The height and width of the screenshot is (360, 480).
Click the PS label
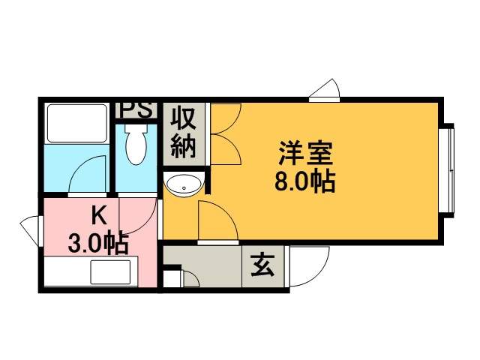pyautogui.click(x=136, y=110)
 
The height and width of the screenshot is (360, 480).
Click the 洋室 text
pyautogui.click(x=305, y=153)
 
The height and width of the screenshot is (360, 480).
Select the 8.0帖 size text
pyautogui.click(x=305, y=181)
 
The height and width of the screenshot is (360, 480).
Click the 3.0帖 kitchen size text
pyautogui.click(x=98, y=243)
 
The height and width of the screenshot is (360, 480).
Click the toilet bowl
pyautogui.click(x=136, y=144)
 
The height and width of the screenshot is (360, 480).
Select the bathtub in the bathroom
pyautogui.click(x=77, y=123)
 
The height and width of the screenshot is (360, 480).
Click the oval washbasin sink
pyautogui.click(x=183, y=184)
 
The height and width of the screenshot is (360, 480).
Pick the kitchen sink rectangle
pyautogui.click(x=110, y=272)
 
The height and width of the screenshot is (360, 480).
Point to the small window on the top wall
pyautogui.click(x=325, y=91)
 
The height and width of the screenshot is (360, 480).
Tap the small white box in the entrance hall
pyautogui.click(x=172, y=279)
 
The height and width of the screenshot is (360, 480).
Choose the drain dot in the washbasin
pyautogui.click(x=184, y=188)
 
